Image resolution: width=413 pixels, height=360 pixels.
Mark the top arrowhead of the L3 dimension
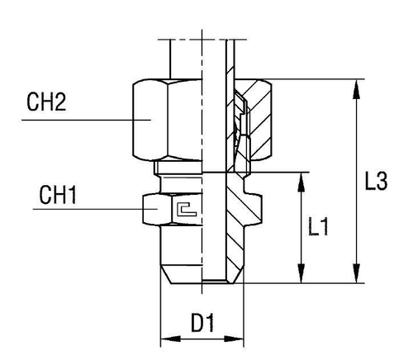click(357, 85)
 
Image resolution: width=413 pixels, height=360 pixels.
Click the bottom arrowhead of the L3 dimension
click(357, 277)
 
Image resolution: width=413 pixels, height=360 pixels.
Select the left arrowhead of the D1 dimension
click(164, 339)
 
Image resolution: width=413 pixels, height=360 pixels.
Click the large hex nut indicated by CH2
click(165, 120)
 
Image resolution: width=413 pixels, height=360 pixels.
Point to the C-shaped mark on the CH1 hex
click(186, 210)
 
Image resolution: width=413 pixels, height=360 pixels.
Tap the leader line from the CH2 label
click(83, 121)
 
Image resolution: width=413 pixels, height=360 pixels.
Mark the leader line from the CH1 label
click(91, 211)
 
